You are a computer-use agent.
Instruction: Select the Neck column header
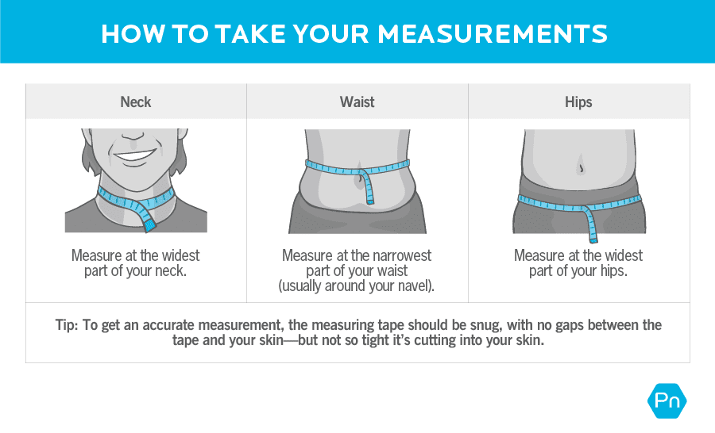(x=135, y=102)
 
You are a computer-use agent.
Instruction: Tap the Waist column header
(x=357, y=102)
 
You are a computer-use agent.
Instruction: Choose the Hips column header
(x=578, y=102)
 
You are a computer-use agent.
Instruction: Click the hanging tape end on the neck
(x=149, y=219)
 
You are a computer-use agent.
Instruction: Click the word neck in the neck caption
(x=172, y=271)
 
